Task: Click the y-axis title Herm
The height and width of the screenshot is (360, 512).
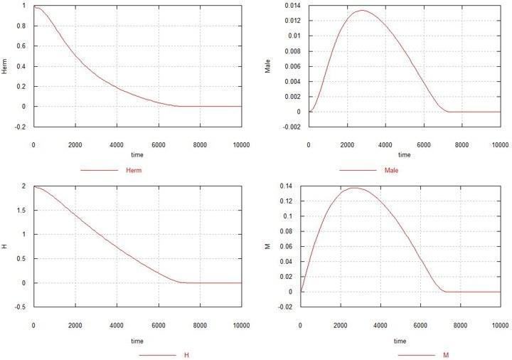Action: (x=4, y=66)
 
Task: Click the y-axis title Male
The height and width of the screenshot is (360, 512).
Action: (x=268, y=66)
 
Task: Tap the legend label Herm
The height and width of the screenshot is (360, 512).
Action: (x=134, y=170)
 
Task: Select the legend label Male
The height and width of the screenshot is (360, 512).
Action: (x=392, y=170)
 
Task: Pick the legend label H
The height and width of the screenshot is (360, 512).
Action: (x=186, y=355)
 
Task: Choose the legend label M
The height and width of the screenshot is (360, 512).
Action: (x=446, y=355)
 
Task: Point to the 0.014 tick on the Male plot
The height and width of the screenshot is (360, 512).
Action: (x=292, y=6)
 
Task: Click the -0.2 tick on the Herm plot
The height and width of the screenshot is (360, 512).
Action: (x=20, y=127)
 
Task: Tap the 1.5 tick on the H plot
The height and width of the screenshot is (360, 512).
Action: (x=21, y=210)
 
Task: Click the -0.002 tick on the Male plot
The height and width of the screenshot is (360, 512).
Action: (x=292, y=127)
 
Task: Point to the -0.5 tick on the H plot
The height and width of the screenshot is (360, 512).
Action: (x=20, y=307)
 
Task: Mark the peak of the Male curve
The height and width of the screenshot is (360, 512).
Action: (x=363, y=10)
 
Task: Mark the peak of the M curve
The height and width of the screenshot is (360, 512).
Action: (x=355, y=188)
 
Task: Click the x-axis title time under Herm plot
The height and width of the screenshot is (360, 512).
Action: (x=137, y=154)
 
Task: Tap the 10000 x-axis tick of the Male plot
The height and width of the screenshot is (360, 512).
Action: (x=500, y=144)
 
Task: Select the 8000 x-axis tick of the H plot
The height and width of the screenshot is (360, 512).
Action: (x=200, y=325)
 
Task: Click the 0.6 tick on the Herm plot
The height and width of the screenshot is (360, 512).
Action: (x=21, y=46)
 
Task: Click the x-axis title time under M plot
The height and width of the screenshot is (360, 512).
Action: (x=400, y=341)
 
